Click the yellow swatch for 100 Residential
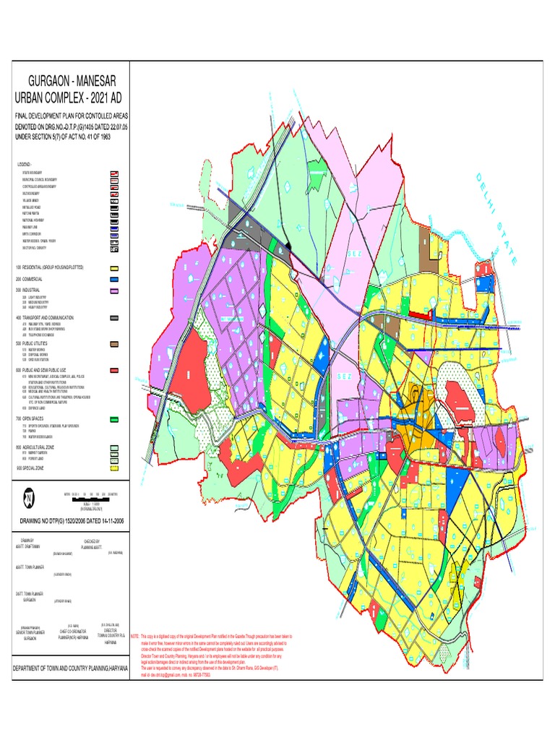[114, 267]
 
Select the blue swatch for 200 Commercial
[114, 279]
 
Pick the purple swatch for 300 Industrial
[114, 291]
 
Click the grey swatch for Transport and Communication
[114, 317]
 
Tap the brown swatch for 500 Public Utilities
[114, 344]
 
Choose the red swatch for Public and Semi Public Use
[114, 370]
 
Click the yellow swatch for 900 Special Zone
[114, 468]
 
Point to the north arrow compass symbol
[27, 498]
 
